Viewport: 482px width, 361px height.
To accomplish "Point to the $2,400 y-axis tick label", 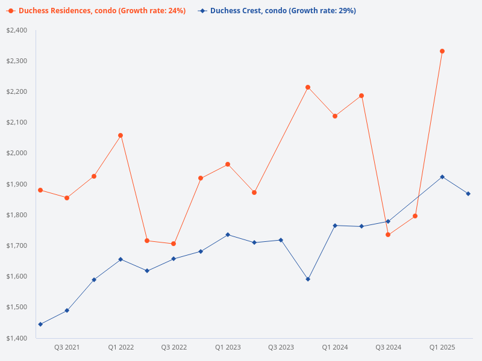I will tap(16, 30).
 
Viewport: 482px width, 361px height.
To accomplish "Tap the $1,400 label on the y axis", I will tap(16, 338).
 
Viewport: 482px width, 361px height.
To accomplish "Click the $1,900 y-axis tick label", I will tap(16, 184).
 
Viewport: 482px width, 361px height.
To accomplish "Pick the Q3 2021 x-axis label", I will tap(67, 347).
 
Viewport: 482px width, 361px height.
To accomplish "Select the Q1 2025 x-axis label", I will tap(442, 347).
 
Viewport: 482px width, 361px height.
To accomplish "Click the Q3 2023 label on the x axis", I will tap(281, 347).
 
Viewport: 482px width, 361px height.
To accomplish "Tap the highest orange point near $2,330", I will tap(442, 51).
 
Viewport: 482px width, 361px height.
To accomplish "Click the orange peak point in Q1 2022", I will tap(120, 135).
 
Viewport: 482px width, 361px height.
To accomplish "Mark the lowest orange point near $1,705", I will tap(174, 244).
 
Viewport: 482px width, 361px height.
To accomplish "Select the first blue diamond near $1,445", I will tap(40, 324).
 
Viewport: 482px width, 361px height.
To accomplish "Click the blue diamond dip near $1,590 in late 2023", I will tap(308, 279).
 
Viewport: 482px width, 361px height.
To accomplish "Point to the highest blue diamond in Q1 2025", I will tap(442, 177).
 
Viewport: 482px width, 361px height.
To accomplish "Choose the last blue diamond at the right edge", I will tap(468, 194).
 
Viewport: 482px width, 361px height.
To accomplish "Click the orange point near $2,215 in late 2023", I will tap(308, 87).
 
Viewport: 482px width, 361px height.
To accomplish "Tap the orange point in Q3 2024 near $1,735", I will tap(388, 235).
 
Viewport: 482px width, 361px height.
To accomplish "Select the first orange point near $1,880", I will tap(40, 190).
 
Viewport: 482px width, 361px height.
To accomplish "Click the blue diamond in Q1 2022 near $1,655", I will tap(120, 259).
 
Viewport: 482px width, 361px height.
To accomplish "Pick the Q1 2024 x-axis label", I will tap(334, 347).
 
